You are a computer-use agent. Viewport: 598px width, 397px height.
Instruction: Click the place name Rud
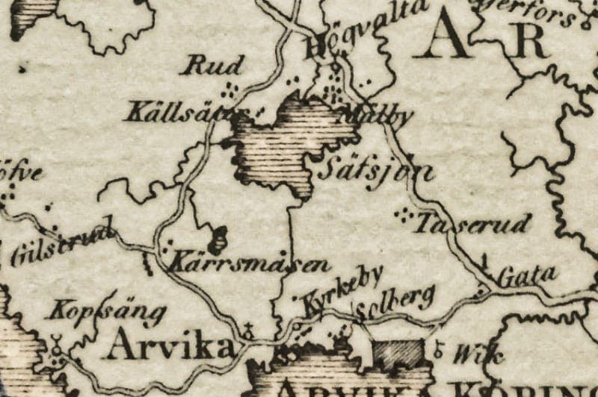click(213, 66)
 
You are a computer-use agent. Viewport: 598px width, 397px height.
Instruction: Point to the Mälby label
click(375, 116)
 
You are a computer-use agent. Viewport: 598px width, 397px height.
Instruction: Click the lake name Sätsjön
click(375, 171)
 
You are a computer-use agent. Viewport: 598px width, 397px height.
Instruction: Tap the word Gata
click(528, 275)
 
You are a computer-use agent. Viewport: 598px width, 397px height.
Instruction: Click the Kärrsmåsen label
click(250, 263)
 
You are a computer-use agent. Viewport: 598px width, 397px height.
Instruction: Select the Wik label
click(469, 354)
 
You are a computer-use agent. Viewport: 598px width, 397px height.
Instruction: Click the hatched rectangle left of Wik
click(397, 354)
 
